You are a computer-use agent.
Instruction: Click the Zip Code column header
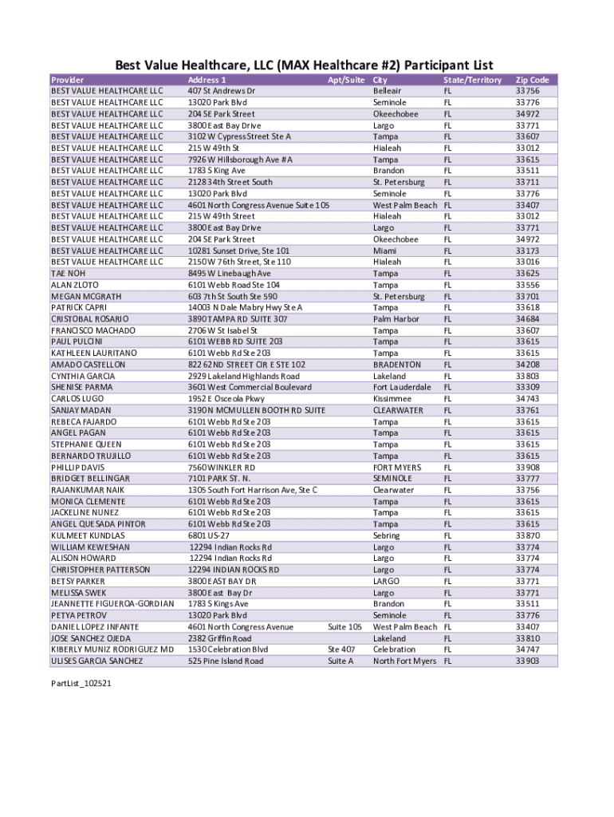point(532,80)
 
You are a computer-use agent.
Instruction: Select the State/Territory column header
point(472,80)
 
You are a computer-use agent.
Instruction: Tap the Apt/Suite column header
point(346,80)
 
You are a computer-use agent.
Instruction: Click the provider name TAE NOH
point(68,274)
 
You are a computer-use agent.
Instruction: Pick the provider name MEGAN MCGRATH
point(86,296)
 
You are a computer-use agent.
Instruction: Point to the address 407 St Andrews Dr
point(222,91)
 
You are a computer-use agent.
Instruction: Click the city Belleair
point(389,91)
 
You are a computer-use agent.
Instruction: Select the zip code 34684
point(527,319)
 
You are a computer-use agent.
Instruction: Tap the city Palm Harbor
point(396,319)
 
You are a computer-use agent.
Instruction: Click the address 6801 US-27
point(212,535)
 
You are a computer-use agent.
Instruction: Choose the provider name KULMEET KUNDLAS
point(88,535)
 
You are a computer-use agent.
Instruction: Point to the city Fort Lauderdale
point(402,387)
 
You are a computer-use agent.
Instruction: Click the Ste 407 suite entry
point(341,649)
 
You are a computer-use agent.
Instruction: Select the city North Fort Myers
point(404,661)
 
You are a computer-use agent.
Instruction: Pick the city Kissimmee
point(392,399)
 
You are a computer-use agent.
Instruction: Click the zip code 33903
point(527,661)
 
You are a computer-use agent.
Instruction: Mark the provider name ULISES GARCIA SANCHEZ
point(97,661)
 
